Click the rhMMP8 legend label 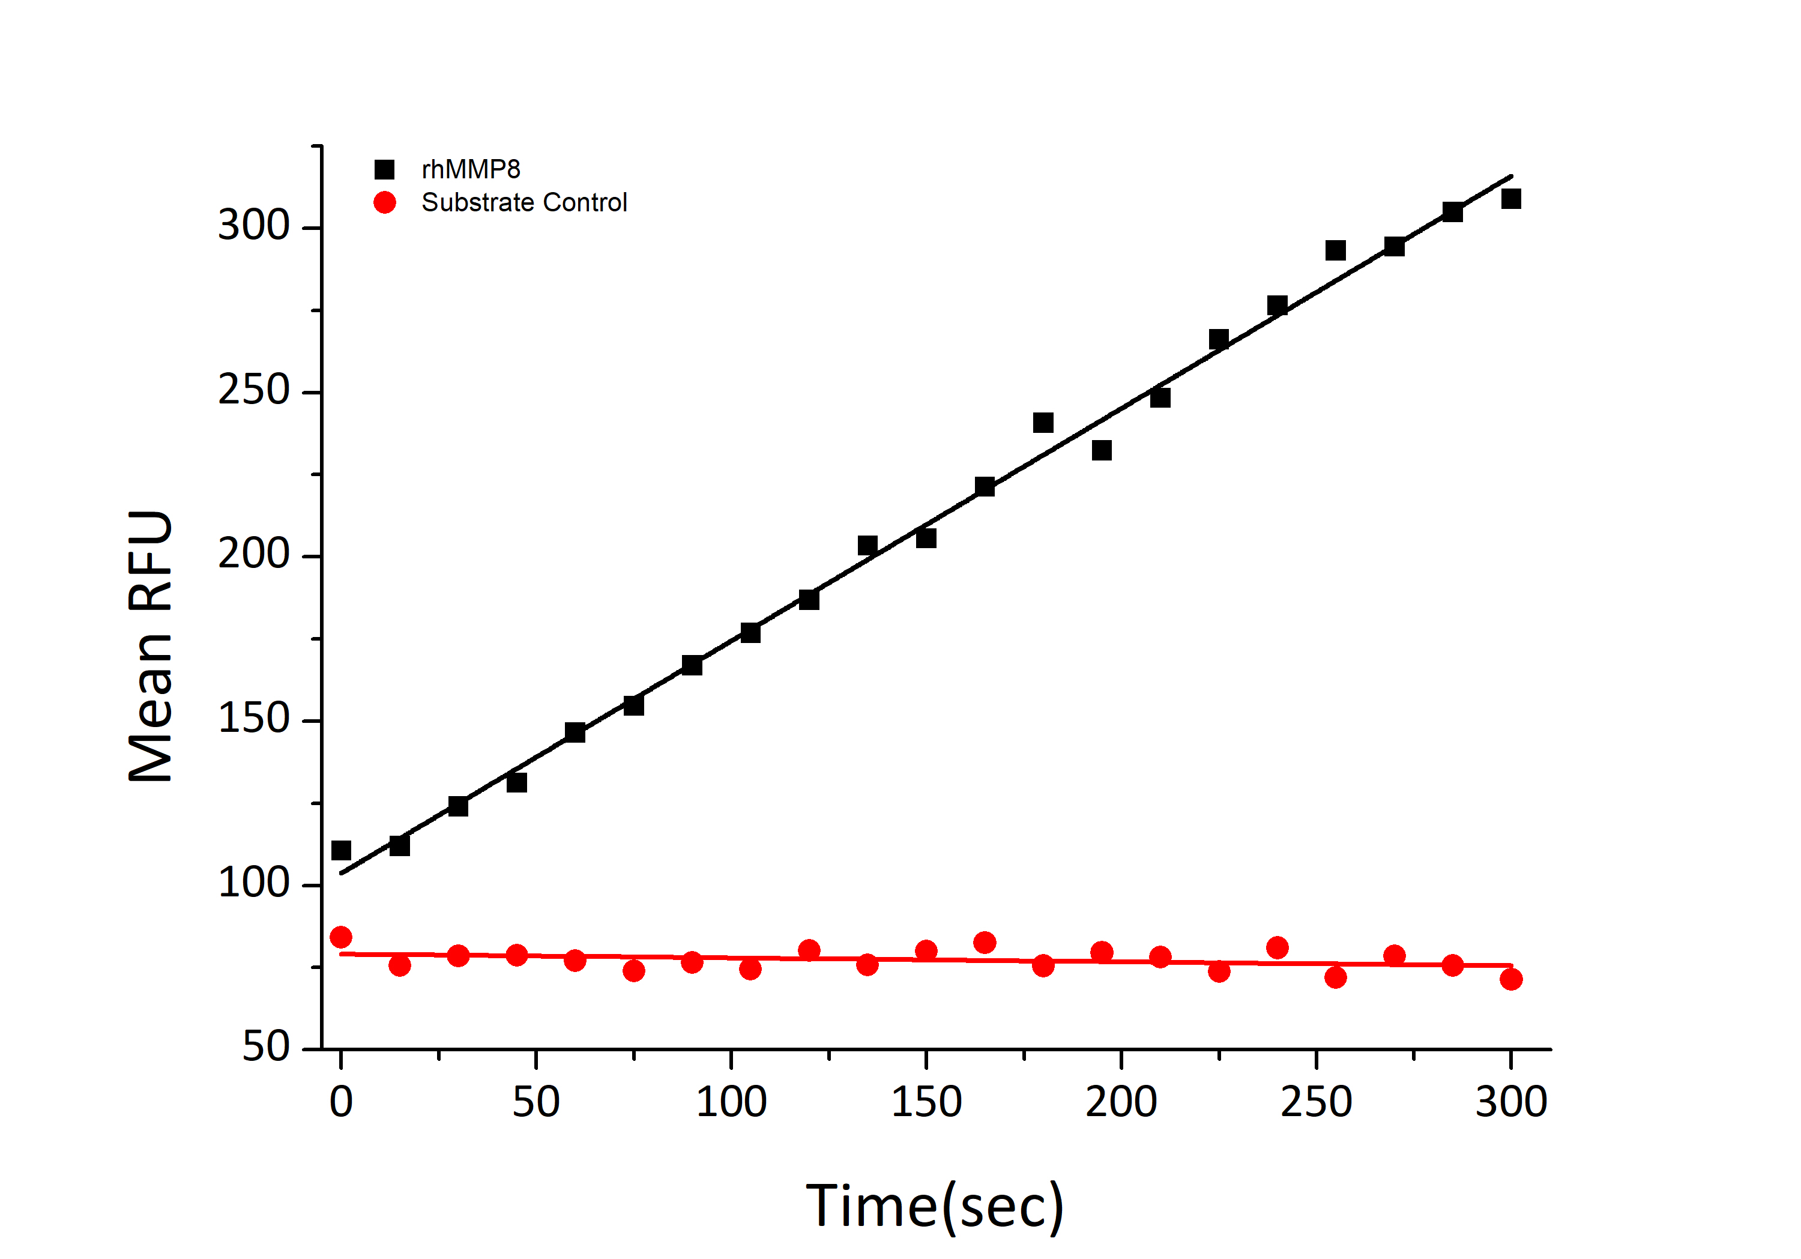(471, 169)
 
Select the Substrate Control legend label (524, 202)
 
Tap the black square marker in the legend (384, 169)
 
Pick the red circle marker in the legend (384, 202)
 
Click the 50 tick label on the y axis (266, 1046)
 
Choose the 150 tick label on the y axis (253, 719)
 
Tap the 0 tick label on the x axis (341, 1102)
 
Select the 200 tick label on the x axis (1121, 1102)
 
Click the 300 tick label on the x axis (1511, 1102)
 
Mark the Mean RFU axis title (151, 647)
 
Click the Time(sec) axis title (934, 1206)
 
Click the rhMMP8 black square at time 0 (341, 850)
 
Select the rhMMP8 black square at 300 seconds (1511, 199)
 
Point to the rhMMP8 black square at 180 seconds (1042, 423)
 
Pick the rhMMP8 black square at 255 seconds (1335, 251)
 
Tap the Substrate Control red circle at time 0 (341, 937)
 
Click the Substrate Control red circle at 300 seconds (1511, 979)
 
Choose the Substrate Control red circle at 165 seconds (985, 942)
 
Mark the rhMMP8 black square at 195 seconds (1101, 450)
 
